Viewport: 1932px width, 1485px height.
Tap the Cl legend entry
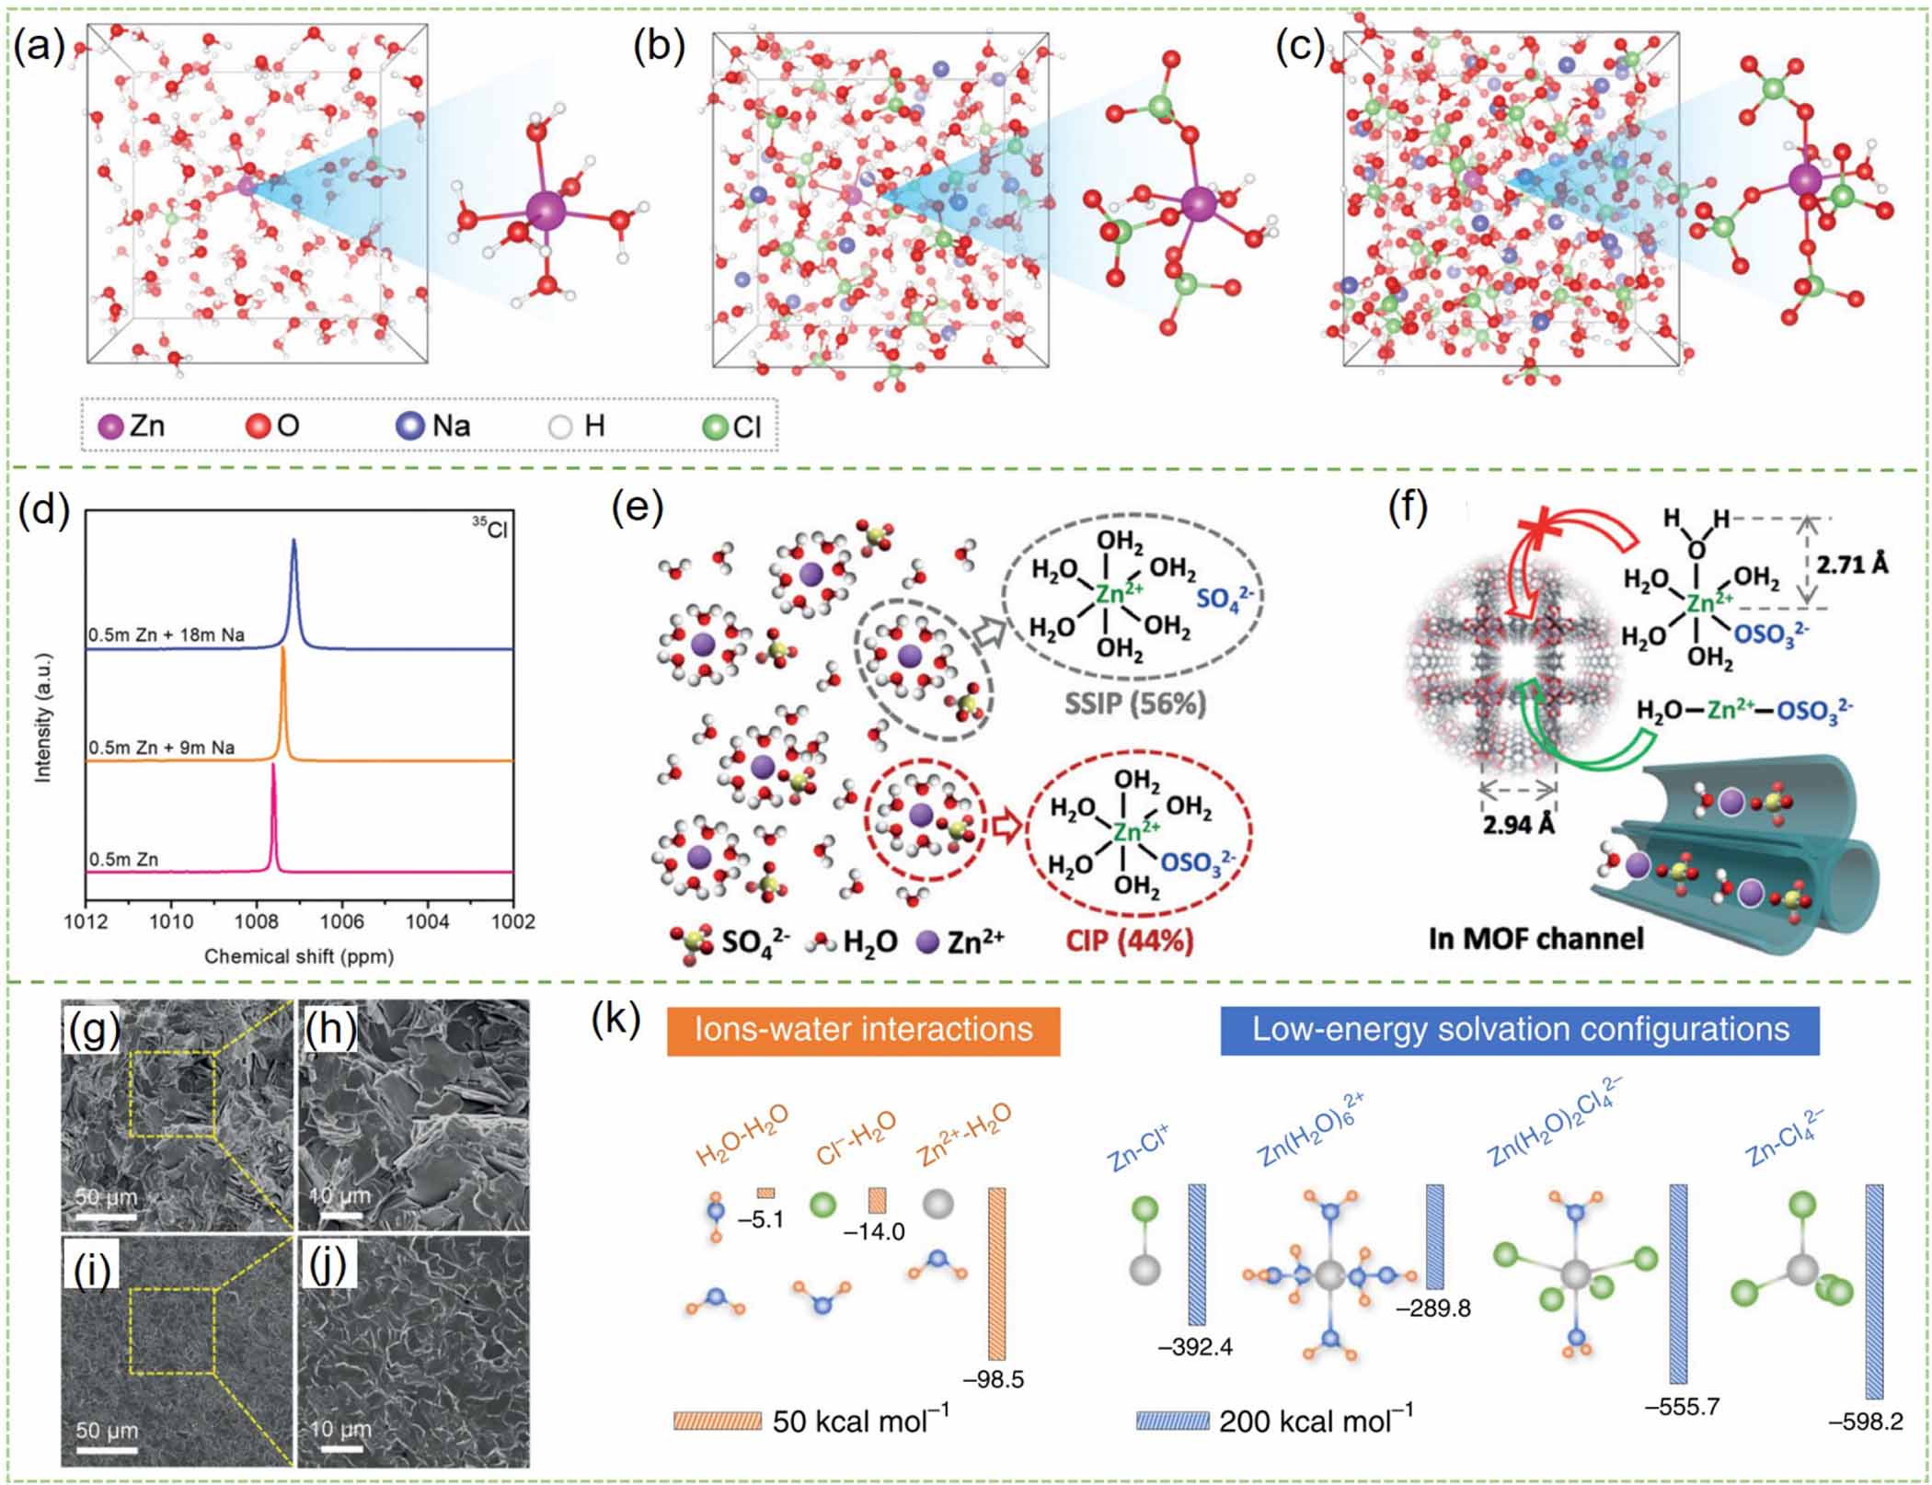pos(733,427)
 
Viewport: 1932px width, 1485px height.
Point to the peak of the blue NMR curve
pos(294,542)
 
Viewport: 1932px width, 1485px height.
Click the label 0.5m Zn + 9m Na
pos(162,748)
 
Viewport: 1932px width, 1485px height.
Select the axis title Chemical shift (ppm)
pos(299,956)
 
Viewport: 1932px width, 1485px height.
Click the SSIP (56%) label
pos(1135,705)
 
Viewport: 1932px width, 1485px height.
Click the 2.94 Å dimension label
pos(1518,824)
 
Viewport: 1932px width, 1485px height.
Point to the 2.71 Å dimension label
pos(1852,564)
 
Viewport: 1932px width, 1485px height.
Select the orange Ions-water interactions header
pos(864,1029)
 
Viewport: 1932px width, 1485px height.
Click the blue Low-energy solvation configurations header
pos(1520,1029)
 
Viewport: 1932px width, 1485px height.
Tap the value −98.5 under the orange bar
pos(993,1379)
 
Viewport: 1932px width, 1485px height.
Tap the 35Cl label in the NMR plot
pos(490,529)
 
